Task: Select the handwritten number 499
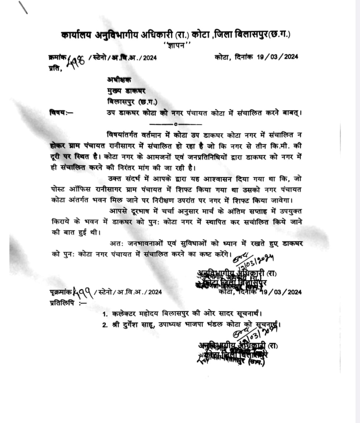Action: (82, 292)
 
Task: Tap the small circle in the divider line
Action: (176, 124)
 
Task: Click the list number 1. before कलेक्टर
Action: (105, 314)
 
